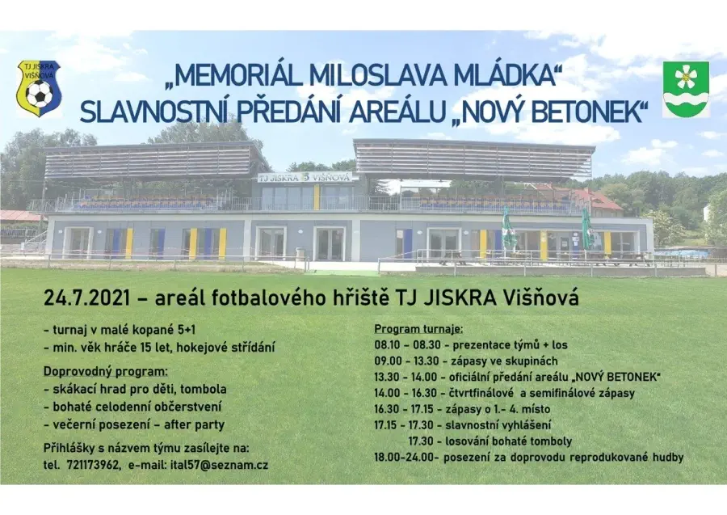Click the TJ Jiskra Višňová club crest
[x=39, y=88]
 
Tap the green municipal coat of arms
[x=686, y=90]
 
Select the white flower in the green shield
[x=686, y=78]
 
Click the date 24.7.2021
[x=86, y=298]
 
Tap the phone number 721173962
[x=93, y=465]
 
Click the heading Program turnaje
[x=418, y=330]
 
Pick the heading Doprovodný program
[x=106, y=373]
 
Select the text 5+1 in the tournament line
[x=187, y=330]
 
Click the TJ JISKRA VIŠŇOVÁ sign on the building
[x=305, y=177]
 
